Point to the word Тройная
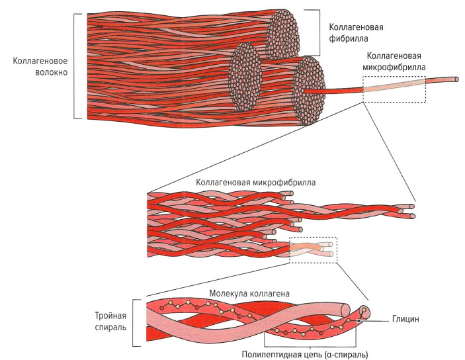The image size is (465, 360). tap(110, 314)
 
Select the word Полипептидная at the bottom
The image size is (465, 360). tap(272, 354)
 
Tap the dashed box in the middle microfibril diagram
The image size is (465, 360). tap(313, 250)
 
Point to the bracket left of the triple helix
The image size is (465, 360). tap(135, 322)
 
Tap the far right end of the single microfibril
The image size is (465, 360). tap(456, 79)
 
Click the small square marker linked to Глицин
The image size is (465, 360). tap(359, 322)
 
